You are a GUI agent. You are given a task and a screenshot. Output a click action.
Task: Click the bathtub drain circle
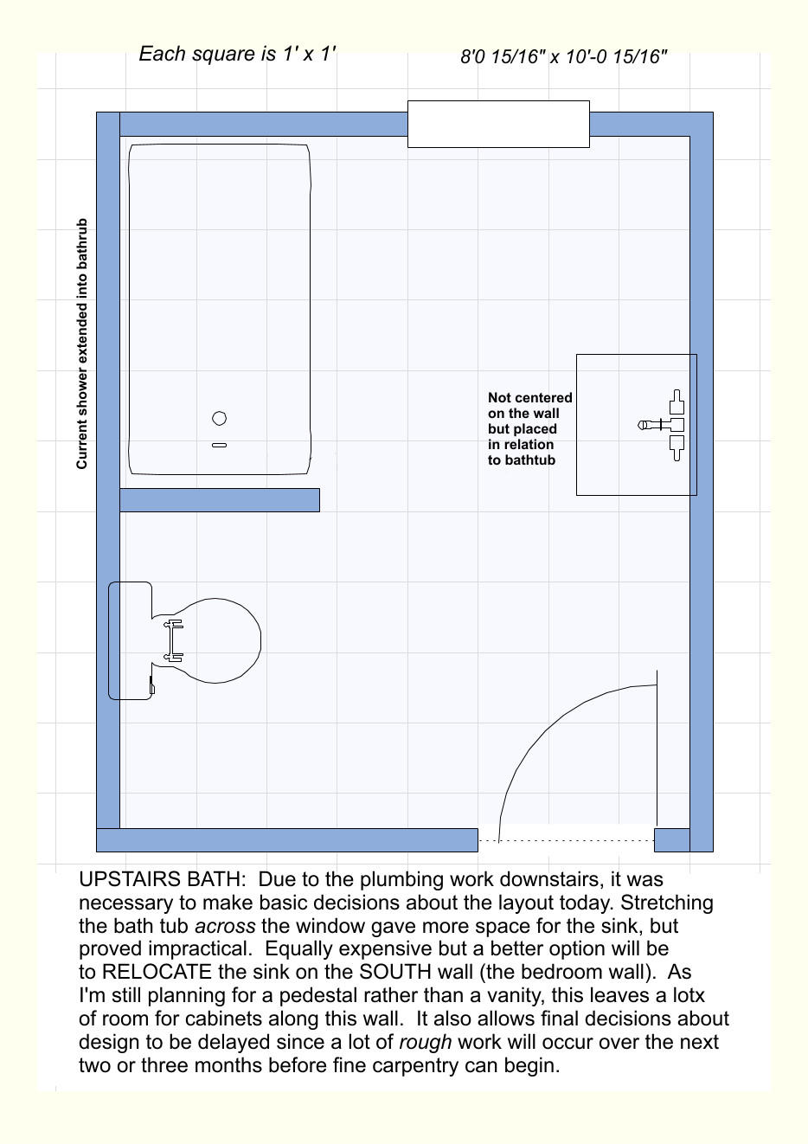pyautogui.click(x=220, y=419)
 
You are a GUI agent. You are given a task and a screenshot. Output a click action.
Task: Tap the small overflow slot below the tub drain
pyautogui.click(x=220, y=446)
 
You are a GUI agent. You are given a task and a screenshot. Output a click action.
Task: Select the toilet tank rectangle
pyautogui.click(x=130, y=640)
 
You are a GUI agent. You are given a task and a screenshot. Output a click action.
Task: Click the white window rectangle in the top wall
pyautogui.click(x=498, y=124)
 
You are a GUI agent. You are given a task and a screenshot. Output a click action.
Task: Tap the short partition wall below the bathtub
pyautogui.click(x=220, y=500)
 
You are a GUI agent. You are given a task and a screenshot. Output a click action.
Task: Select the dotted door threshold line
pyautogui.click(x=566, y=840)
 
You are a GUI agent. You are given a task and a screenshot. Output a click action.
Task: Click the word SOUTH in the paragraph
pyautogui.click(x=394, y=973)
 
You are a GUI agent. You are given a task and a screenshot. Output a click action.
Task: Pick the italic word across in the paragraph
pyautogui.click(x=225, y=926)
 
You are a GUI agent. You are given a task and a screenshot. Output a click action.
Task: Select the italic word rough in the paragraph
pyautogui.click(x=425, y=1043)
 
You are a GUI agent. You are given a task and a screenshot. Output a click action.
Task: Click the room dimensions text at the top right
pyautogui.click(x=564, y=58)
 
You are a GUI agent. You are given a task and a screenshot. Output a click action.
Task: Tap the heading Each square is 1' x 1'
pyautogui.click(x=237, y=54)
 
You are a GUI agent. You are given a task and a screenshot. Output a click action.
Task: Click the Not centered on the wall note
pyautogui.click(x=529, y=429)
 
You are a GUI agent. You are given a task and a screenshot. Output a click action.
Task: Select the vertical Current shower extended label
pyautogui.click(x=82, y=344)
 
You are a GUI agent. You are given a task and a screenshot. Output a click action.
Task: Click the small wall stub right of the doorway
pyautogui.click(x=671, y=840)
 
